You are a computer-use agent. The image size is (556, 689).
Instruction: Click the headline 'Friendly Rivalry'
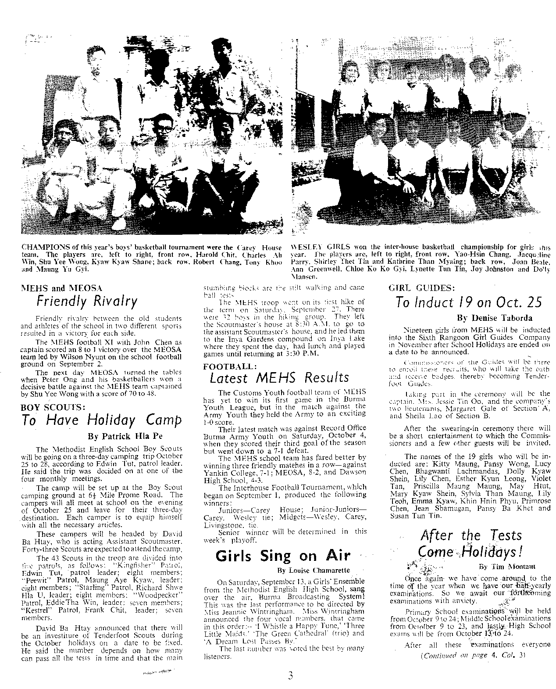pyautogui.click(x=86, y=301)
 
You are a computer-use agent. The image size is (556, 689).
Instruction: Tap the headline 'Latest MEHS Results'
pyautogui.click(x=279, y=377)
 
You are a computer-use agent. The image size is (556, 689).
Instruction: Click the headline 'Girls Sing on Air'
pyautogui.click(x=283, y=556)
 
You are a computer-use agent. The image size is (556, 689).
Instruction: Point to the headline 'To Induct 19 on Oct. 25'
pyautogui.click(x=468, y=302)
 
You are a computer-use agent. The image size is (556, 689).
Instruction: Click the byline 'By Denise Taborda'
pyautogui.click(x=495, y=318)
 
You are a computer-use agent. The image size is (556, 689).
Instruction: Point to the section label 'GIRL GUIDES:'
pyautogui.click(x=421, y=288)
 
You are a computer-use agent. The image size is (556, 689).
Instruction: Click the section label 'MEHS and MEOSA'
pyautogui.click(x=61, y=288)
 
